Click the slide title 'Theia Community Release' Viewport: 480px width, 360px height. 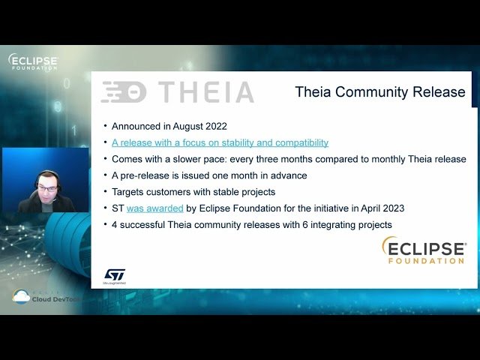(379, 92)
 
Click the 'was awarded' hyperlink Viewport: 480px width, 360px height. (154, 208)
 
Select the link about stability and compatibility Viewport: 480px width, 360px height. (220, 142)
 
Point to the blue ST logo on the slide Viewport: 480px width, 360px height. (114, 275)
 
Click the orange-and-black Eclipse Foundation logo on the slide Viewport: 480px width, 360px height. (424, 250)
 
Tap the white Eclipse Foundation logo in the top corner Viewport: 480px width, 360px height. (33, 61)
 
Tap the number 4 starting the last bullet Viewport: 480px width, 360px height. (115, 225)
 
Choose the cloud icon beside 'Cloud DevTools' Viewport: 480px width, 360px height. (21, 297)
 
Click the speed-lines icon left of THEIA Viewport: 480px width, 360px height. (123, 92)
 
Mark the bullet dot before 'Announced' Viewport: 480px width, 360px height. (105, 126)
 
